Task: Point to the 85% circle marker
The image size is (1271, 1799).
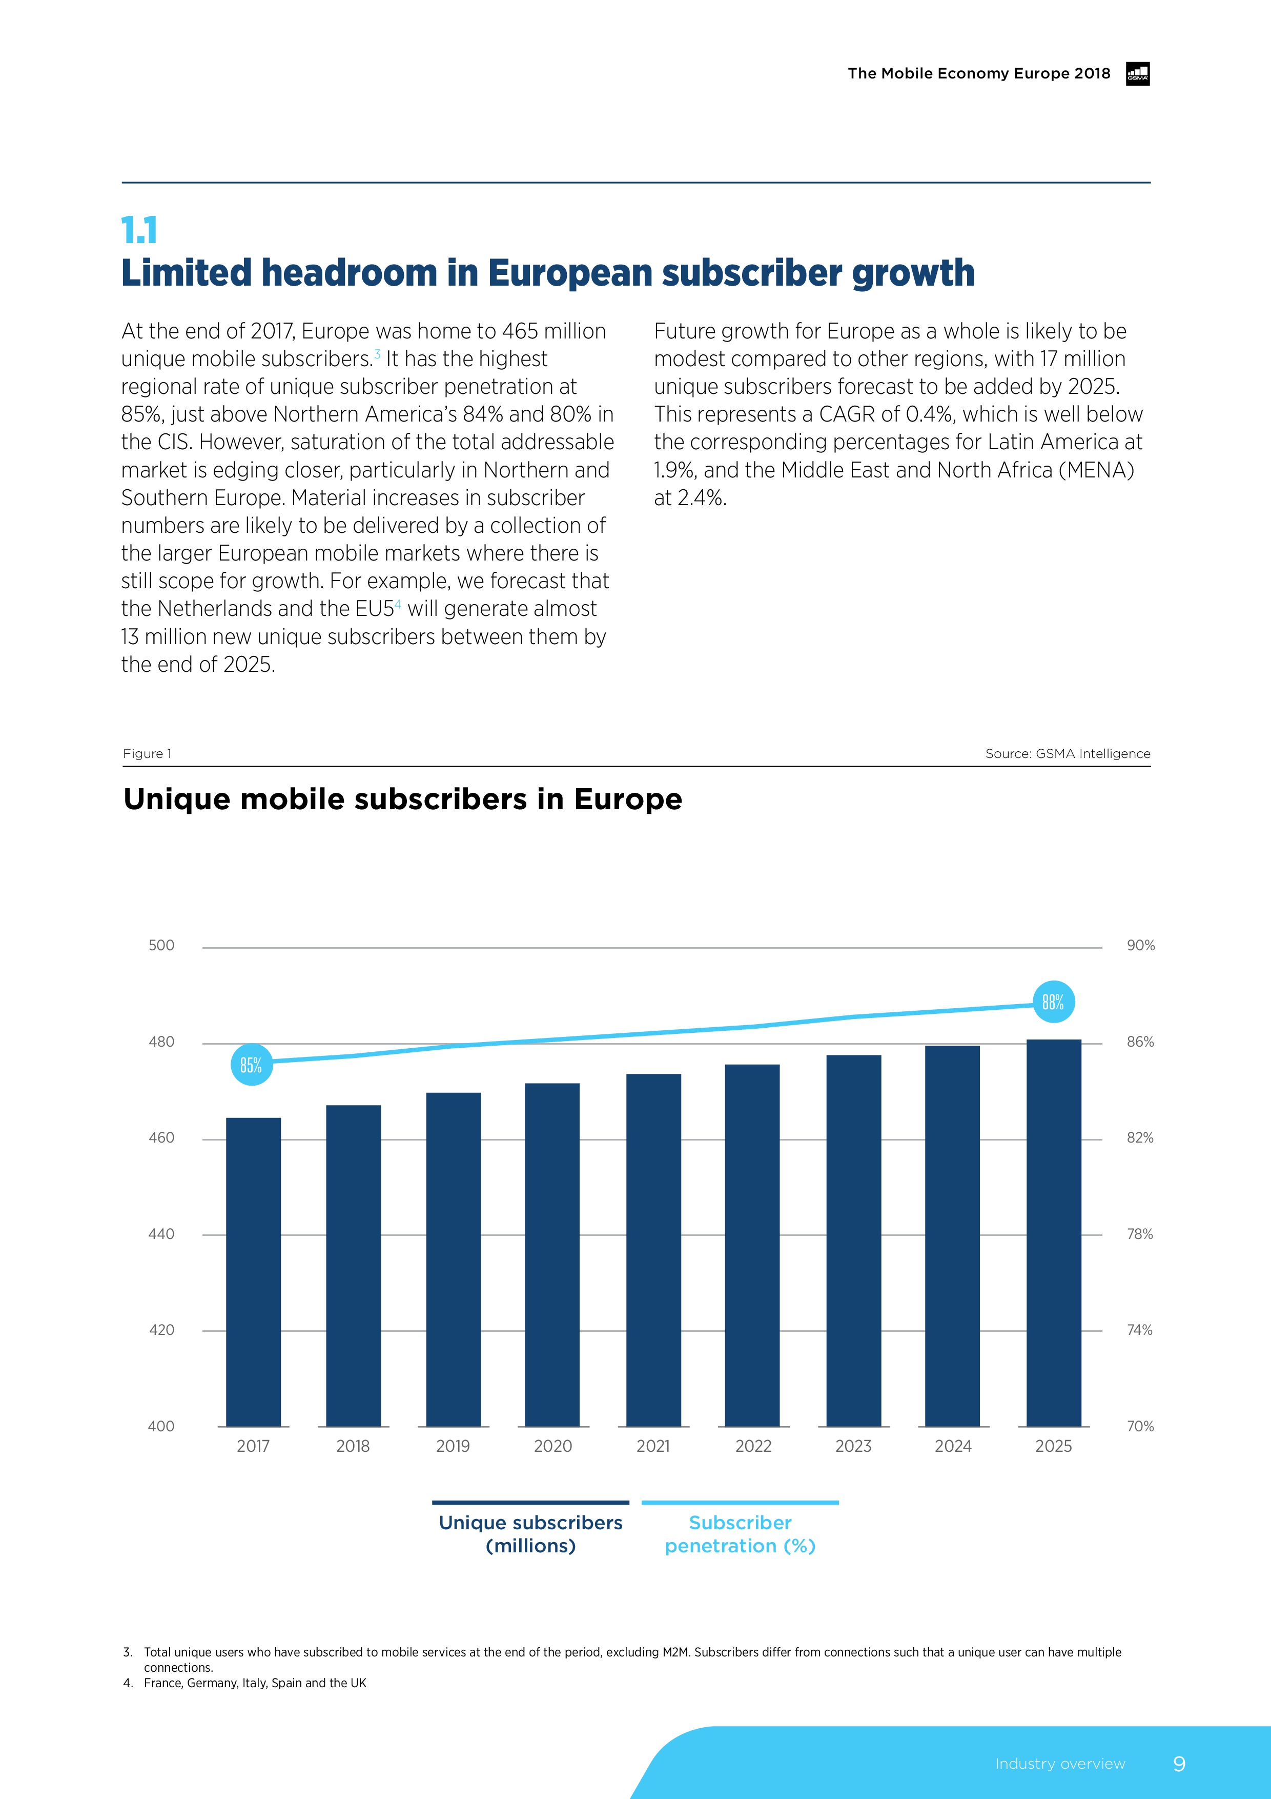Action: pos(251,1064)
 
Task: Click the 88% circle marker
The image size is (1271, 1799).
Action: pos(1053,1002)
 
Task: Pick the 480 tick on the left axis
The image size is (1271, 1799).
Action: pos(161,1042)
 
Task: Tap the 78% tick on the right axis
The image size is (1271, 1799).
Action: pos(1139,1234)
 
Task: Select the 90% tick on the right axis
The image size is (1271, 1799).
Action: pos(1140,945)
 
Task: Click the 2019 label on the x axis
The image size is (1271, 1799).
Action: pos(453,1446)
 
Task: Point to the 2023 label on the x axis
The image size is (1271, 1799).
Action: pos(853,1446)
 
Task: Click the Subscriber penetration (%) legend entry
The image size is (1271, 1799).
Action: pos(740,1533)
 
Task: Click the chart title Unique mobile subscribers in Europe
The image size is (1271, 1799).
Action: pos(402,799)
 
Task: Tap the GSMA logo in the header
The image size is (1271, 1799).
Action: pos(1137,74)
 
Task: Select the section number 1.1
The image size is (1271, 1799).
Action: pos(139,230)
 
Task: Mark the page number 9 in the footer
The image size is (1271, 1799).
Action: pos(1179,1764)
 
